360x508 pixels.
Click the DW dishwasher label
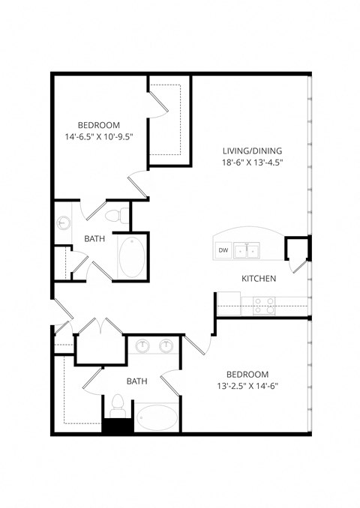(223, 250)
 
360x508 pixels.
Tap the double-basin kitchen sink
(249, 250)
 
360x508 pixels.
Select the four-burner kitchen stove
(263, 305)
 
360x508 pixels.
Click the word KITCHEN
(259, 279)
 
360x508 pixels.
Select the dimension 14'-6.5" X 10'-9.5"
(103, 137)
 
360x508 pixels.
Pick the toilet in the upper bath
(113, 216)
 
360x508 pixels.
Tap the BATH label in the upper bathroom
(94, 239)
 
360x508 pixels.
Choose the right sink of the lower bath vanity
(166, 345)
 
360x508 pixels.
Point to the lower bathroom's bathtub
(157, 417)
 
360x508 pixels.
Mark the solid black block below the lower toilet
(117, 426)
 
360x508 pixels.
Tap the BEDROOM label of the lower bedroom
(247, 373)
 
